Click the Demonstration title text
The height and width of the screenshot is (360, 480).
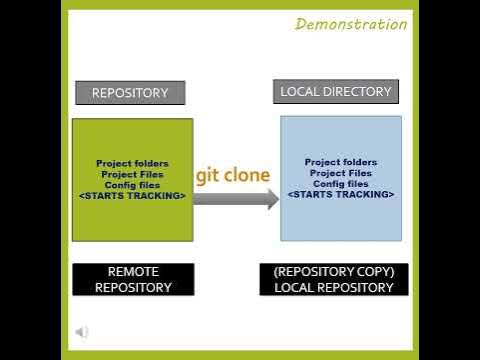(351, 24)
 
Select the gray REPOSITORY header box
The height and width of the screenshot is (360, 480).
(130, 93)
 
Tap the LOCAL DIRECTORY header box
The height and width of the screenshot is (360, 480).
(335, 92)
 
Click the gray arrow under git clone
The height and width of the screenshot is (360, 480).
(235, 199)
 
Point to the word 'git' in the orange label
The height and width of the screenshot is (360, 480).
(207, 175)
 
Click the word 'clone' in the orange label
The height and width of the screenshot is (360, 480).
(246, 175)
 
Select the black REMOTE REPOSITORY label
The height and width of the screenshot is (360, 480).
(133, 280)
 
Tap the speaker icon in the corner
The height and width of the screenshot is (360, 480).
(82, 332)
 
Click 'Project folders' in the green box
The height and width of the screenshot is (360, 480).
(132, 163)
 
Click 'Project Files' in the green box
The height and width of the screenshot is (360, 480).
(132, 174)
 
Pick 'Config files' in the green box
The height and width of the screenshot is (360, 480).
(132, 185)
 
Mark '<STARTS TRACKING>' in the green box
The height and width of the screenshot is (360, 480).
(132, 196)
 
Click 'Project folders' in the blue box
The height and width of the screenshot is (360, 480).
(341, 161)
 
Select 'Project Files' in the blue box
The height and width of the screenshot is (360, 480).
(341, 172)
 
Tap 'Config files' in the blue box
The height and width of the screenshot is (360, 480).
(341, 183)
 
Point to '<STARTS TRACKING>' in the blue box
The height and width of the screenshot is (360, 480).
(341, 194)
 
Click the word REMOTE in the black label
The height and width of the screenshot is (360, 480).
(133, 272)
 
